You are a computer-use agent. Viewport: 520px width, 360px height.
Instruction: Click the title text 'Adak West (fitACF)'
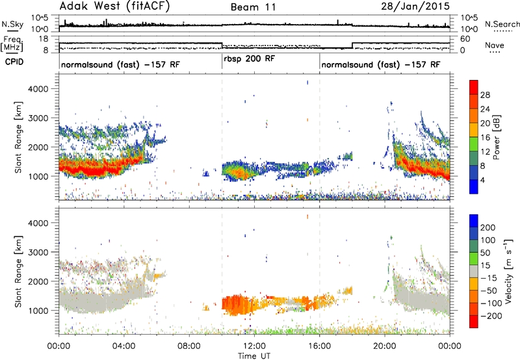[x=114, y=6]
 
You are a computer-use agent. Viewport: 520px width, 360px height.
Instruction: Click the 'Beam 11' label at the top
[x=253, y=7]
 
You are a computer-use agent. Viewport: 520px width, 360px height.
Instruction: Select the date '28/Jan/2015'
[x=415, y=6]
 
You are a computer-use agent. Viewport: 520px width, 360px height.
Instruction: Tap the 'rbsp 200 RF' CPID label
[x=250, y=59]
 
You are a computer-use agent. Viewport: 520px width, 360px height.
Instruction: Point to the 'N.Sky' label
[x=12, y=24]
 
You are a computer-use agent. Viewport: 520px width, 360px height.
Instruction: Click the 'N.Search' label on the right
[x=502, y=24]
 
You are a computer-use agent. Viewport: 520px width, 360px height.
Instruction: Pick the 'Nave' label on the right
[x=495, y=45]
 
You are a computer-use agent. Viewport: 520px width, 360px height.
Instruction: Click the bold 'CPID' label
[x=14, y=62]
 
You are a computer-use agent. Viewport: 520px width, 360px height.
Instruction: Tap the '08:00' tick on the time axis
[x=189, y=346]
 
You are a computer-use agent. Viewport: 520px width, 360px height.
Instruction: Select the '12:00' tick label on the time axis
[x=254, y=346]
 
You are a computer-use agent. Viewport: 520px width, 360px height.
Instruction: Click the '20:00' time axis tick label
[x=385, y=346]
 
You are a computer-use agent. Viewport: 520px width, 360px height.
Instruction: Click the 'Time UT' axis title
[x=254, y=356]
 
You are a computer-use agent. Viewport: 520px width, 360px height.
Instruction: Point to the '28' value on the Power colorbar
[x=485, y=95]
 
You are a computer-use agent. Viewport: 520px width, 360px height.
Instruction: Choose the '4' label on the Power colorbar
[x=483, y=180]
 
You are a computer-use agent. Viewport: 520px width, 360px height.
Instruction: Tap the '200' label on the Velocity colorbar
[x=488, y=227]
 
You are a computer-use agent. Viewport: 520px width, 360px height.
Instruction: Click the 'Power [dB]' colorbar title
[x=497, y=137]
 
